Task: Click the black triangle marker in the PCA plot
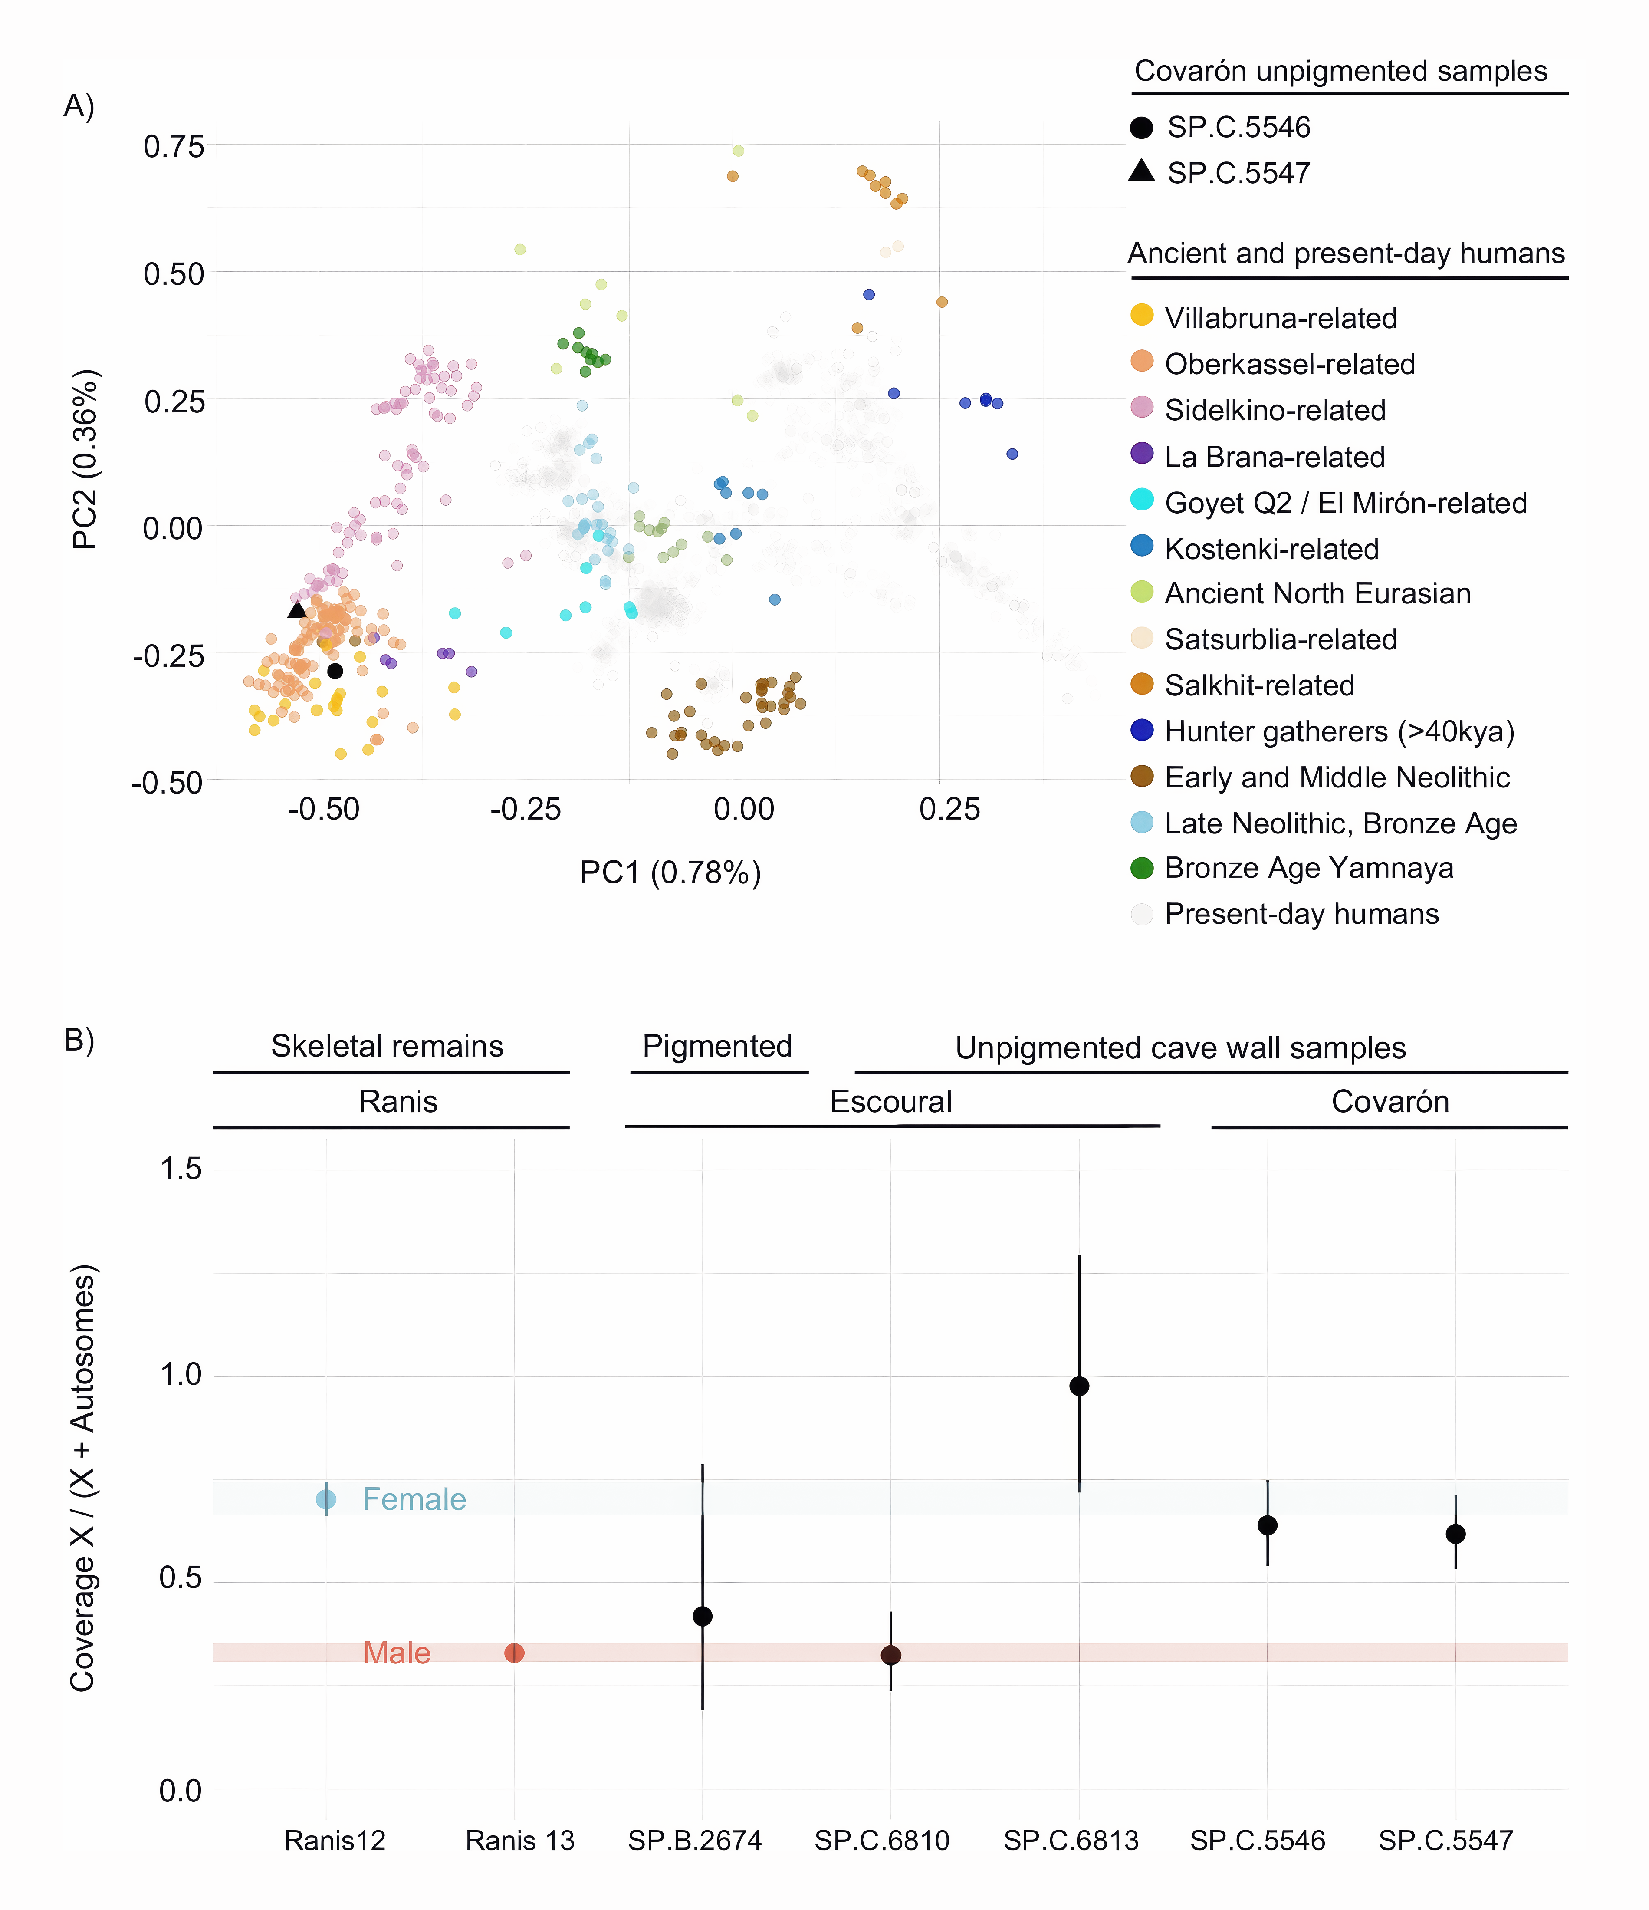297,609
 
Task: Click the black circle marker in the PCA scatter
335,671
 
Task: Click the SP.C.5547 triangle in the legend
1142,171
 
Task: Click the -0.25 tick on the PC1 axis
526,809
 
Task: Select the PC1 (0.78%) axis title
670,872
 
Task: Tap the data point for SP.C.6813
1079,1386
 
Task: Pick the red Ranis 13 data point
514,1653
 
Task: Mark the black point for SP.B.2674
703,1616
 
